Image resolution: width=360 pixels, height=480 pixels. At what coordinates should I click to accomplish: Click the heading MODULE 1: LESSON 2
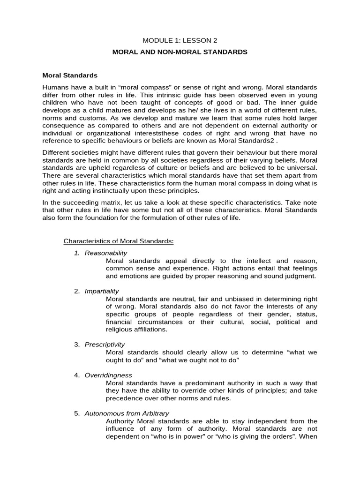[x=180, y=41]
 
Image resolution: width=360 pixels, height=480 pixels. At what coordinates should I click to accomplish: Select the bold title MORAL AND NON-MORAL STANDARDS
[x=180, y=52]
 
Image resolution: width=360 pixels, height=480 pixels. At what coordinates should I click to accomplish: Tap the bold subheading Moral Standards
[x=70, y=75]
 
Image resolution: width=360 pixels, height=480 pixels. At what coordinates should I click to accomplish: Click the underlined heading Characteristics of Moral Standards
[x=119, y=241]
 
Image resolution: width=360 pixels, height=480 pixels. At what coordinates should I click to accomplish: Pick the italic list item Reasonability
[x=106, y=253]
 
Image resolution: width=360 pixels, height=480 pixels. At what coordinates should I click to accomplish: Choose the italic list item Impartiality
[x=102, y=291]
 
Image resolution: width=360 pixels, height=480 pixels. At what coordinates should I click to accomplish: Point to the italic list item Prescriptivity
[x=105, y=345]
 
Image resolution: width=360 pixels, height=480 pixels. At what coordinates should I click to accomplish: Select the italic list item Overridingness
[x=108, y=375]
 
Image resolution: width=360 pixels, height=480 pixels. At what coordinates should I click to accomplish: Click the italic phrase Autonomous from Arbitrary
[x=127, y=413]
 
